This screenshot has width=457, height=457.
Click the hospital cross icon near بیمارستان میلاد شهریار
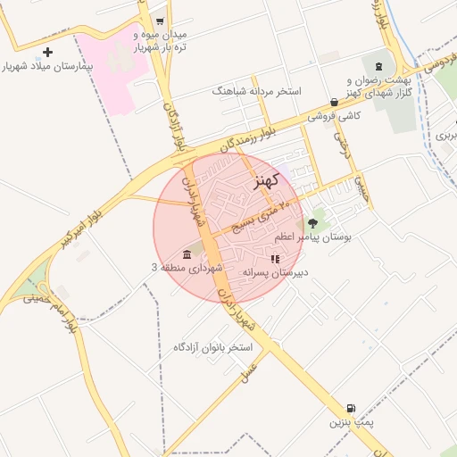[x=48, y=53]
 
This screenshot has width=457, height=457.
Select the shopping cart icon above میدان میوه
[x=160, y=21]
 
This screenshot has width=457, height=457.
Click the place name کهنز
[x=266, y=181]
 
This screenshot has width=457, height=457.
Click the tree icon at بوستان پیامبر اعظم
[x=312, y=223]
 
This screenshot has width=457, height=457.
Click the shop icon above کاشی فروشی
[x=334, y=103]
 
